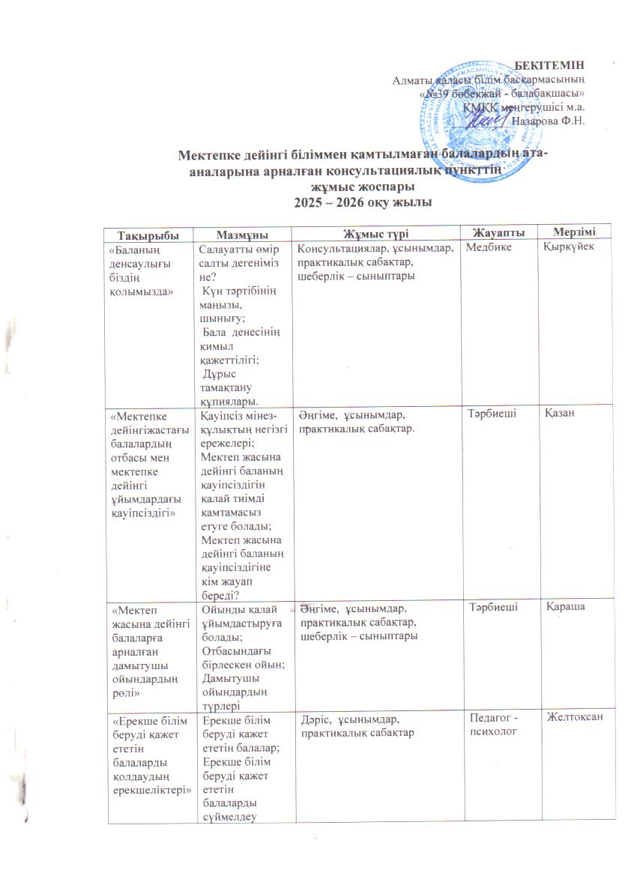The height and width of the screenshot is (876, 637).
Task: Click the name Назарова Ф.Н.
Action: click(x=547, y=121)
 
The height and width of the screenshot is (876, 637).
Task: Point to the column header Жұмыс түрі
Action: click(x=375, y=235)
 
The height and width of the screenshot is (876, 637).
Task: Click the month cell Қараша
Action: click(x=565, y=608)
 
